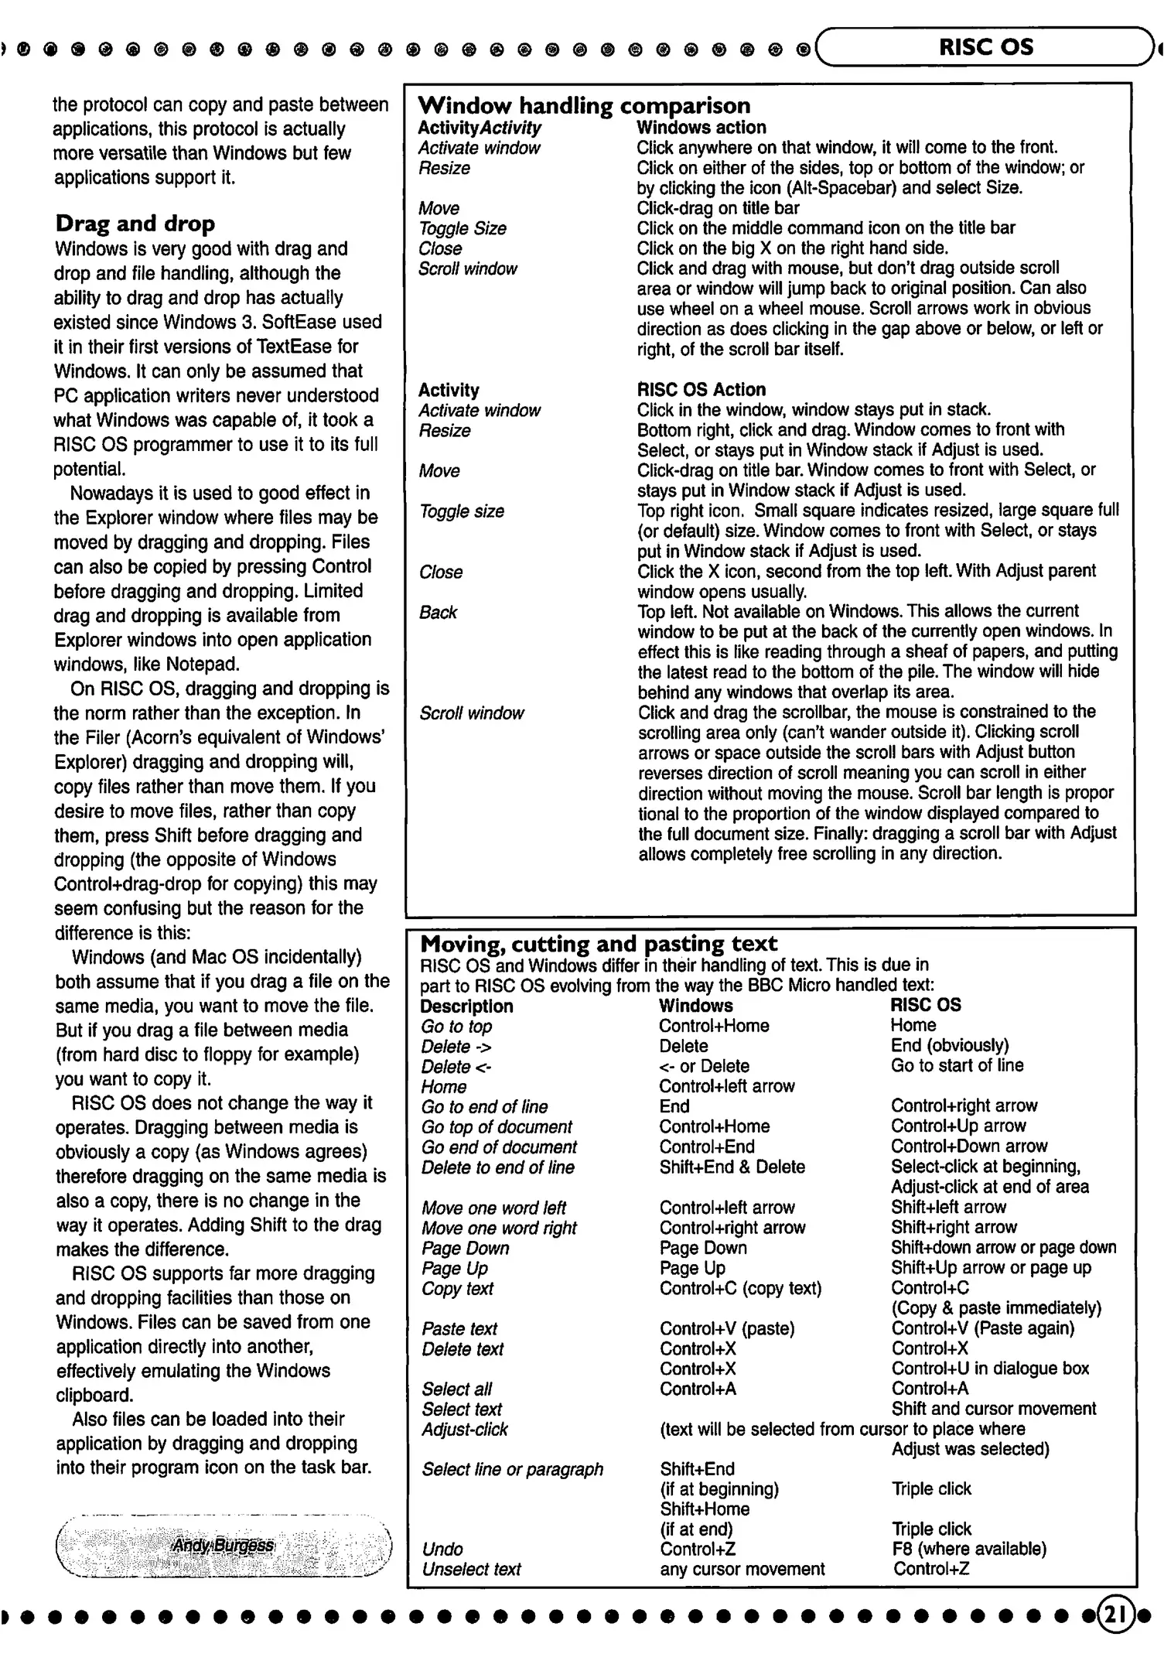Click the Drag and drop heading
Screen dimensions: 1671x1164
click(x=135, y=224)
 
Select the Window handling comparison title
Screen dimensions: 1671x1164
click(x=584, y=105)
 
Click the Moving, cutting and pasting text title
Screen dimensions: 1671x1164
click(x=599, y=943)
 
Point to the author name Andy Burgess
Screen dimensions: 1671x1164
click(x=223, y=1546)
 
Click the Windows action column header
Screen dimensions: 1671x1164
click(x=701, y=127)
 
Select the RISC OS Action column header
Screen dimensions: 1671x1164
click(x=701, y=389)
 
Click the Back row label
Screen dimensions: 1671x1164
click(x=438, y=612)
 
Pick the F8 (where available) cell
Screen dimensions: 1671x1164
click(x=968, y=1549)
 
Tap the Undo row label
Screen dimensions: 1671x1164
click(x=442, y=1549)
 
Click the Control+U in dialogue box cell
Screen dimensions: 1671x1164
click(x=990, y=1368)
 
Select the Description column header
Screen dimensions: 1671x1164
click(x=466, y=1006)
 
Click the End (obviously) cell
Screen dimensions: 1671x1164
click(x=950, y=1045)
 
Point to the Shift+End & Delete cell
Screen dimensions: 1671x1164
click(x=732, y=1167)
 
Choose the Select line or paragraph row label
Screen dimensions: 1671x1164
click(x=512, y=1468)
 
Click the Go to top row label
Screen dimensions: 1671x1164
click(x=456, y=1026)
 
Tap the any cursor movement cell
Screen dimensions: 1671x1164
click(x=742, y=1569)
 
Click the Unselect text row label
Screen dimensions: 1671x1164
click(x=471, y=1569)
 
